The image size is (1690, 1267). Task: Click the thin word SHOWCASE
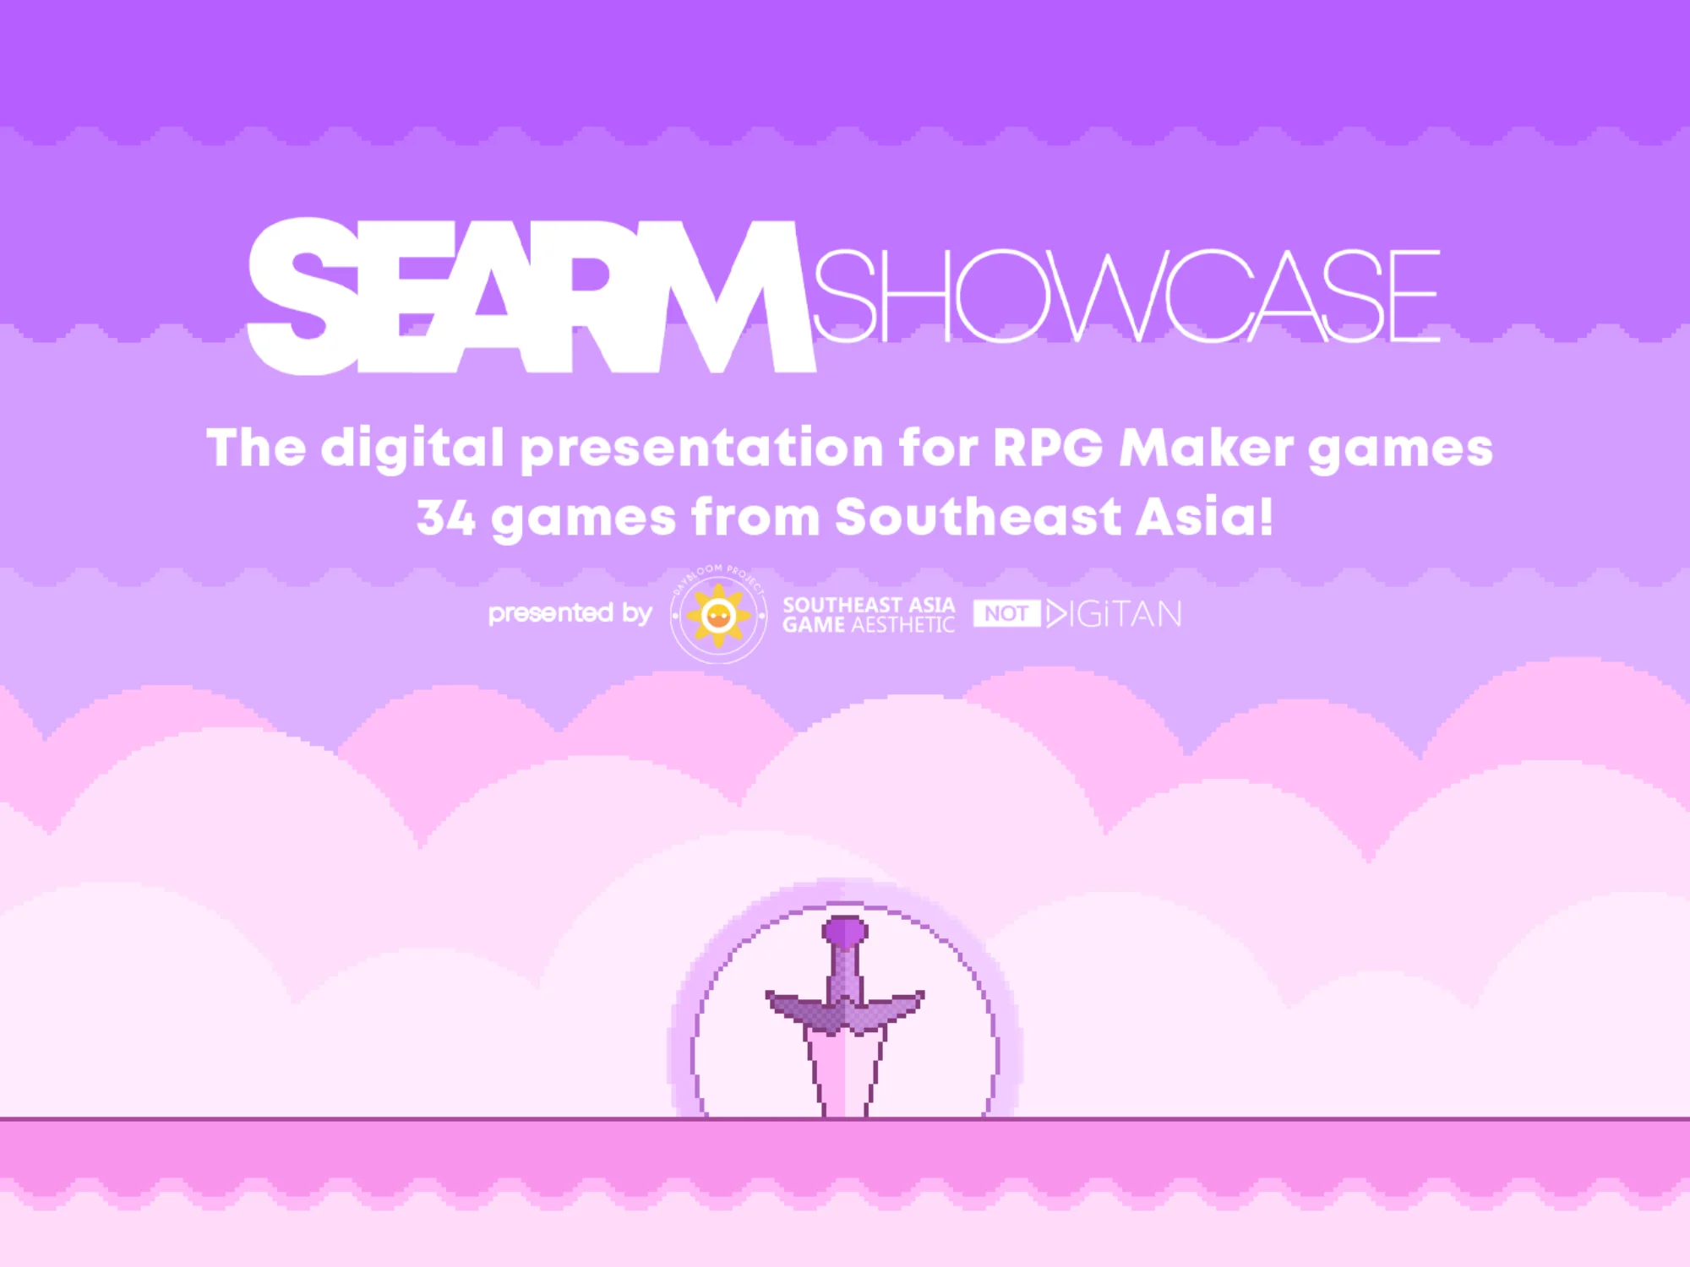click(x=1126, y=296)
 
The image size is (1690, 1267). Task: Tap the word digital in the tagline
click(x=412, y=449)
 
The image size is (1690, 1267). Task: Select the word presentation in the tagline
click(x=701, y=449)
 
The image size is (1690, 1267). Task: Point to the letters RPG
click(x=1048, y=447)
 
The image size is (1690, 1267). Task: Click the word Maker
click(x=1206, y=447)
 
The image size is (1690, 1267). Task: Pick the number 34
click(x=445, y=517)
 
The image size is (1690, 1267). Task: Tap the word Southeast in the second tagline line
click(x=978, y=516)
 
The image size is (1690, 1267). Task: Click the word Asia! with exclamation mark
click(x=1204, y=516)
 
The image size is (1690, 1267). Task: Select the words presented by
click(x=570, y=614)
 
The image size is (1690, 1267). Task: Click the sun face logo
click(x=718, y=615)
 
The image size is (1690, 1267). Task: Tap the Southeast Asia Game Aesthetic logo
click(x=869, y=615)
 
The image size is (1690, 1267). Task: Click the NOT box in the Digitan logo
click(x=1006, y=613)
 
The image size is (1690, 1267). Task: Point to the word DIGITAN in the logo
click(x=1114, y=614)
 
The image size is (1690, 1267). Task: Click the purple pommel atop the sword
click(x=845, y=931)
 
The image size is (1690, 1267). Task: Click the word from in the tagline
click(x=755, y=516)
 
